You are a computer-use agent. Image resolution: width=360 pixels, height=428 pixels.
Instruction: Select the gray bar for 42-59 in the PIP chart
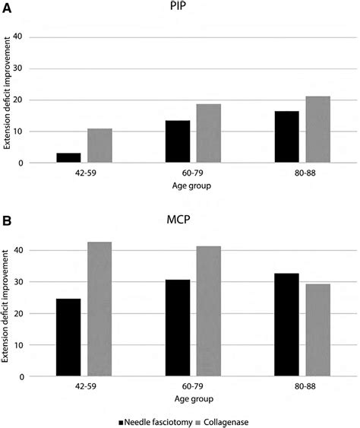click(99, 146)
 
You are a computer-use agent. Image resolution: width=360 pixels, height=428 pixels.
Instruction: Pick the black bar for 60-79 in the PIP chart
click(177, 142)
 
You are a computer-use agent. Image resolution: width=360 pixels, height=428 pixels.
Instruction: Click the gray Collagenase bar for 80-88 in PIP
click(318, 130)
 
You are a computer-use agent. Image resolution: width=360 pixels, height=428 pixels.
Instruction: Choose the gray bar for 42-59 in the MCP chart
click(99, 309)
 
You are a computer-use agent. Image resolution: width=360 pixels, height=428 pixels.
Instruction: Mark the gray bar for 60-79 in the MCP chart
click(209, 312)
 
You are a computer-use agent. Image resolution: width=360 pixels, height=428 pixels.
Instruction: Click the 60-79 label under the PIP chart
click(193, 173)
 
